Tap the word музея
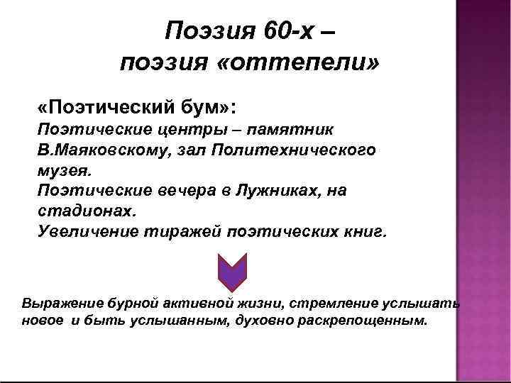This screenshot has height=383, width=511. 62,172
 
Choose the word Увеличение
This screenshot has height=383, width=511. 82,233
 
